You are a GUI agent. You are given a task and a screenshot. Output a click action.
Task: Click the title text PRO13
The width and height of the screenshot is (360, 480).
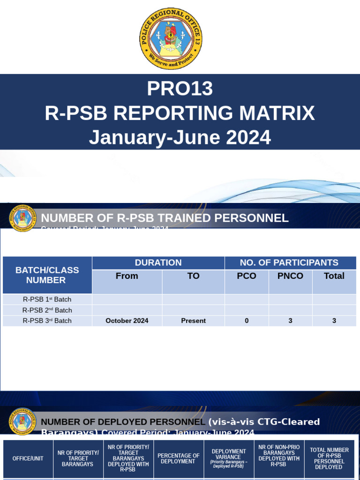point(180,89)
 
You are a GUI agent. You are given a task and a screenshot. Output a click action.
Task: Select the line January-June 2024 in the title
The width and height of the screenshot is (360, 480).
point(180,137)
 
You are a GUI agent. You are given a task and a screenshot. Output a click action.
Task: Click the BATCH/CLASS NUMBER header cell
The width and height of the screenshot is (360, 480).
point(47,275)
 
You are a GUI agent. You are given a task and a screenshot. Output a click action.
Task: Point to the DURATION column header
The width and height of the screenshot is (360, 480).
point(158,262)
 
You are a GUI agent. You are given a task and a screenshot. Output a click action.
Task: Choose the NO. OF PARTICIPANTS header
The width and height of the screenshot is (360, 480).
point(289,262)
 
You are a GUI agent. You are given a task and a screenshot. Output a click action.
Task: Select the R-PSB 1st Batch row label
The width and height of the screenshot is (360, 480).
point(47,300)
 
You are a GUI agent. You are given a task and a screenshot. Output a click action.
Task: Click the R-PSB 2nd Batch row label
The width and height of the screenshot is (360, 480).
point(47,310)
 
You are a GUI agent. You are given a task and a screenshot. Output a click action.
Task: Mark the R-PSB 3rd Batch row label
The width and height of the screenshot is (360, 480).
point(47,321)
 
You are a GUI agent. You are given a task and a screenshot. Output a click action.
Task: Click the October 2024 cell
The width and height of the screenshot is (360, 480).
point(127,321)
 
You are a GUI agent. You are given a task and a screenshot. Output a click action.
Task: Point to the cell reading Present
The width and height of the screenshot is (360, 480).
point(193,321)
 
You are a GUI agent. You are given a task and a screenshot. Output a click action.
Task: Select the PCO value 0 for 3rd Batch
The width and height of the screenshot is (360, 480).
point(247,321)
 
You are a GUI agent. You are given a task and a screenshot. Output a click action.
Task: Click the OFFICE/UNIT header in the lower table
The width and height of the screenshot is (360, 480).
point(28,458)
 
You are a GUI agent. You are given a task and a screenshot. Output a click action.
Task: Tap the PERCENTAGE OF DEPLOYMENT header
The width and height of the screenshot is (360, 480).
point(179,458)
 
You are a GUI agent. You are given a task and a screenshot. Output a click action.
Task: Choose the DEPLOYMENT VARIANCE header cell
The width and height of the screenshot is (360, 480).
point(229,458)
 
